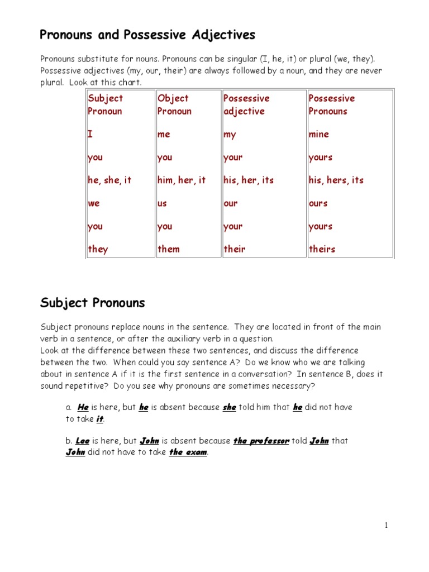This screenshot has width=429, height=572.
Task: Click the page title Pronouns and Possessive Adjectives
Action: (147, 35)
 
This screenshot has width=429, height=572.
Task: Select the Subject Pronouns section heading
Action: (92, 303)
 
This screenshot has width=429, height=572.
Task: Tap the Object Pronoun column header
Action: (174, 104)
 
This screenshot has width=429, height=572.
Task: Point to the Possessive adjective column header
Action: (246, 104)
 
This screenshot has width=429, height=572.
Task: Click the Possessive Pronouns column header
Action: (332, 104)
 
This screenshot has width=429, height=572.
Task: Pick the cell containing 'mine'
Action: (318, 134)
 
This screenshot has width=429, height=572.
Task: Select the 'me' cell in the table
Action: (164, 134)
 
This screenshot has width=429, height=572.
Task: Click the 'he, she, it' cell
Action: (109, 180)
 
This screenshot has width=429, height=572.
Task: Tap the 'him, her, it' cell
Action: (182, 180)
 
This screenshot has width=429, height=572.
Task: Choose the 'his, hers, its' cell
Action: (336, 180)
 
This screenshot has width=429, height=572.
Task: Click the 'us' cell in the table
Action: (162, 203)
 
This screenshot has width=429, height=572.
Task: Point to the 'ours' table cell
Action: (318, 203)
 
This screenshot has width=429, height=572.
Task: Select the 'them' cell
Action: (169, 249)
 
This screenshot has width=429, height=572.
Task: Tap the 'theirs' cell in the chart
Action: (322, 249)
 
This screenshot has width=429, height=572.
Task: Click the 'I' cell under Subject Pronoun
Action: (90, 134)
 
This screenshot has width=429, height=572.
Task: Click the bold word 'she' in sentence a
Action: (229, 407)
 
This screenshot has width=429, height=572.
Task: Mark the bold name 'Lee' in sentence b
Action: (83, 441)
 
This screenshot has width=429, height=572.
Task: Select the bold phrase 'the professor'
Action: (261, 441)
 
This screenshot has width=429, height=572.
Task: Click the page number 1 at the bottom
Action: (385, 525)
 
